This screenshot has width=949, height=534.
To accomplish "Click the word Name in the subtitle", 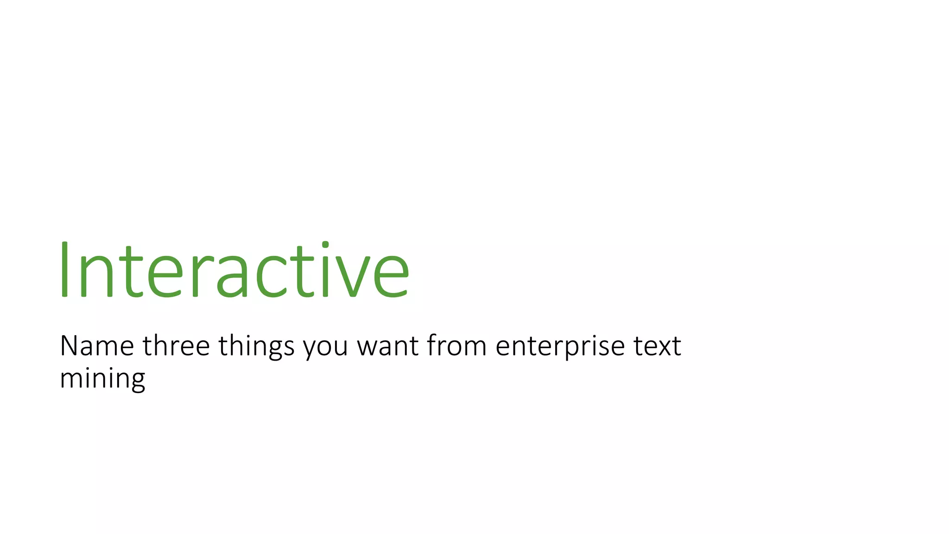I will [97, 346].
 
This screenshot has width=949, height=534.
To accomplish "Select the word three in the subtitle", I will [176, 346].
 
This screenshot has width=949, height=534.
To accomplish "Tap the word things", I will [256, 347].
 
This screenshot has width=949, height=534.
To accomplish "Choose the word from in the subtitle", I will [456, 346].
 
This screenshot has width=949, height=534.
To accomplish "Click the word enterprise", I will [560, 348].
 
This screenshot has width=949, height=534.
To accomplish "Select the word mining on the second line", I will [102, 379].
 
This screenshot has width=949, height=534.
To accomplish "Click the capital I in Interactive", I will [64, 270].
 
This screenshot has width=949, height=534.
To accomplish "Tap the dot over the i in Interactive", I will [325, 244].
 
